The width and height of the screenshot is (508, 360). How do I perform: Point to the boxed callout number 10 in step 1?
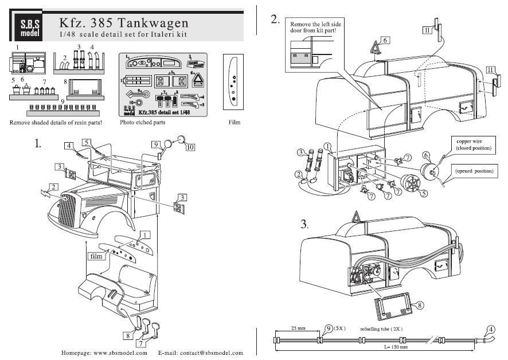190,146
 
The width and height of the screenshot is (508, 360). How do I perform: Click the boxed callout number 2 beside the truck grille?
53,187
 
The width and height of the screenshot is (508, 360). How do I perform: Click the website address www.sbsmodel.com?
105,353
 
